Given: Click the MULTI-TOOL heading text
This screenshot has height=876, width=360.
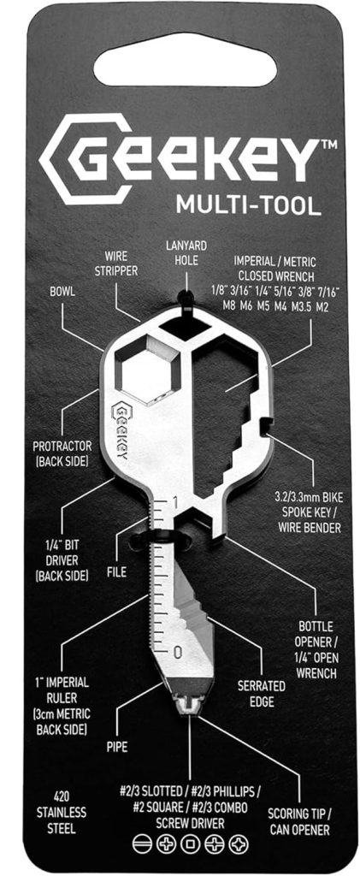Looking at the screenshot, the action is click(x=249, y=205).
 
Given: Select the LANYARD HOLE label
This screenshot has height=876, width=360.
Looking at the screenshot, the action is click(x=186, y=252).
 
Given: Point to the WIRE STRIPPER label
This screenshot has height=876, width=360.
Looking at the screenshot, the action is click(x=121, y=263).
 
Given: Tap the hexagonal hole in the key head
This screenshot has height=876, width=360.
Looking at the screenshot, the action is click(x=147, y=369).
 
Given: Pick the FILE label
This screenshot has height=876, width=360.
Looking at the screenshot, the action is click(x=116, y=572).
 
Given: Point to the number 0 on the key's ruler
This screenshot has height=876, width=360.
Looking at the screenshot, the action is click(x=178, y=652).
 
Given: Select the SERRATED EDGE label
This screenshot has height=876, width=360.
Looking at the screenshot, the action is click(x=261, y=692).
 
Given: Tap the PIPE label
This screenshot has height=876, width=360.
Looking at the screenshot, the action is click(x=116, y=747).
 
